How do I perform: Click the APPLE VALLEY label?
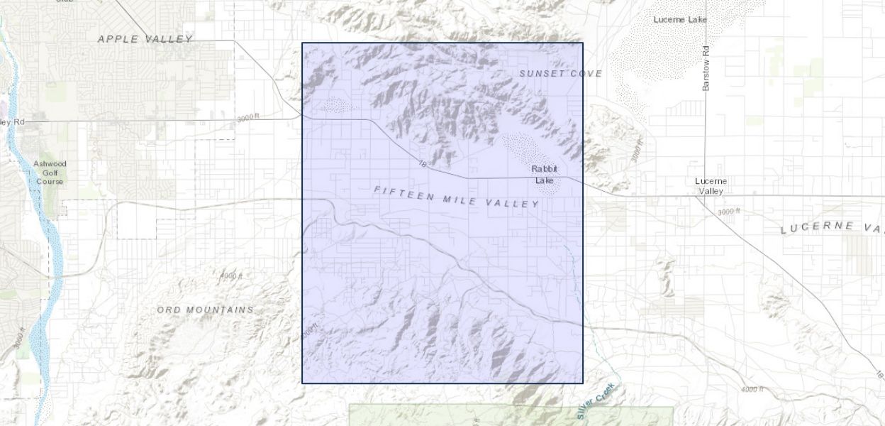[x=145, y=39]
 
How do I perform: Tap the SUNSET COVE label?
[x=560, y=73]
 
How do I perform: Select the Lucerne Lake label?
[x=680, y=19]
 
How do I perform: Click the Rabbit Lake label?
[x=545, y=175]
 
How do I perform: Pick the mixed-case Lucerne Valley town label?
[x=710, y=186]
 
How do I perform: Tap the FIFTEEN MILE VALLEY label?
[x=456, y=197]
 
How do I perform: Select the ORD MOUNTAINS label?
[x=205, y=310]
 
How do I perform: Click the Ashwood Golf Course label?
[x=50, y=173]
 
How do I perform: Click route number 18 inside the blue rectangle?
[x=423, y=164]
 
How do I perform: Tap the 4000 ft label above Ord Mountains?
[x=231, y=275]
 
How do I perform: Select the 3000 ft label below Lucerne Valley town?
[x=728, y=212]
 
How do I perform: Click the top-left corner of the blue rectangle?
[x=303, y=43]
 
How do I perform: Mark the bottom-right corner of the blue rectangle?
[x=583, y=383]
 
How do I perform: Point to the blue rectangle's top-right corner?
[x=583, y=43]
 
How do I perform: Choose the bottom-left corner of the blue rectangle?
[x=303, y=383]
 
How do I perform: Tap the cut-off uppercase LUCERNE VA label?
[x=832, y=227]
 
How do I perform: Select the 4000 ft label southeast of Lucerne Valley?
[x=752, y=389]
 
